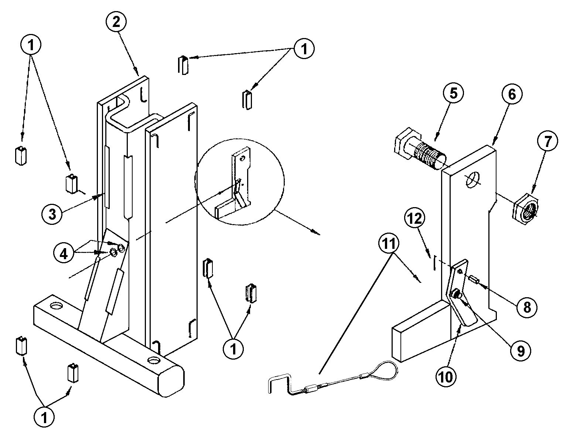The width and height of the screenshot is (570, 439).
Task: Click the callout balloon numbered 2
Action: point(116,22)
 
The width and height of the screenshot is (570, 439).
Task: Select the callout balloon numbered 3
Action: point(52,214)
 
